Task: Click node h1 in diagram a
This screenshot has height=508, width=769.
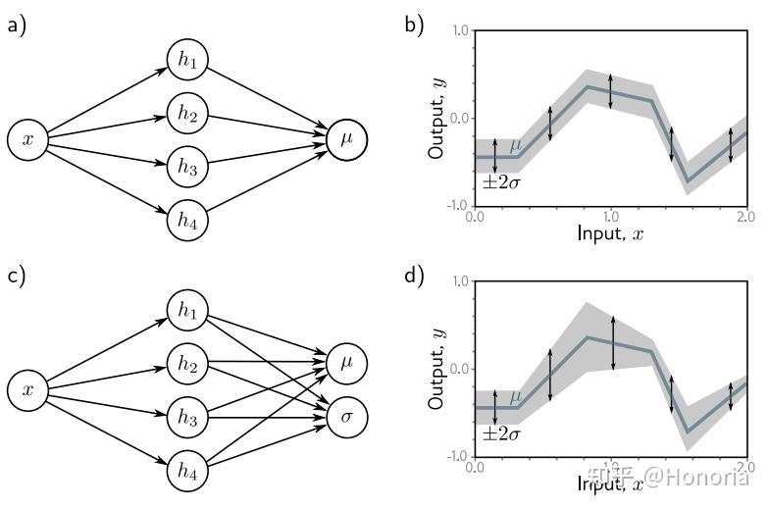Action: [187, 60]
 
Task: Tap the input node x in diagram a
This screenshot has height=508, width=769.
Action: [27, 140]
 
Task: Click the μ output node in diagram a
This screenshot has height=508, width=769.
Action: [347, 140]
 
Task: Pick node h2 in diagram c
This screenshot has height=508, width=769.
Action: [187, 365]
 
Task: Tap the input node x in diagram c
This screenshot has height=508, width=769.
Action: [27, 391]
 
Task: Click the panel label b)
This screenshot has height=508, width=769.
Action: [414, 25]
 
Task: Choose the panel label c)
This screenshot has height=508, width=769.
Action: [17, 277]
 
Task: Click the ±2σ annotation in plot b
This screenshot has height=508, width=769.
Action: [500, 181]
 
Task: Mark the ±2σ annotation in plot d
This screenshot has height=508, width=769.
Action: [500, 432]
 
